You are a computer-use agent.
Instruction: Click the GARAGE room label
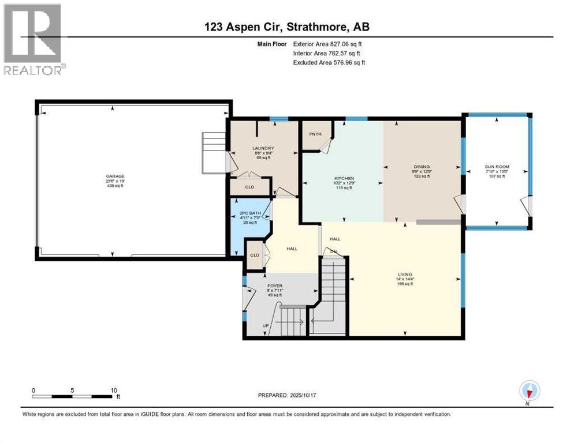[x=114, y=176]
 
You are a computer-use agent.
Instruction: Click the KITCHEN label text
[x=344, y=178]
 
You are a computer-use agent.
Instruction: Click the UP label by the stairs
[x=266, y=326]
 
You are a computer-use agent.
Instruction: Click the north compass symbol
[x=529, y=391]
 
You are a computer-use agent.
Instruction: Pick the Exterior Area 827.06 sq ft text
[x=328, y=44]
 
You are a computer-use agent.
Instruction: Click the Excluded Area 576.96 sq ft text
[x=329, y=62]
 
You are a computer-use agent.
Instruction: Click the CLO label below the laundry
[x=249, y=187]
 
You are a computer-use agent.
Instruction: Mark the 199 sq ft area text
[x=404, y=284]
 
